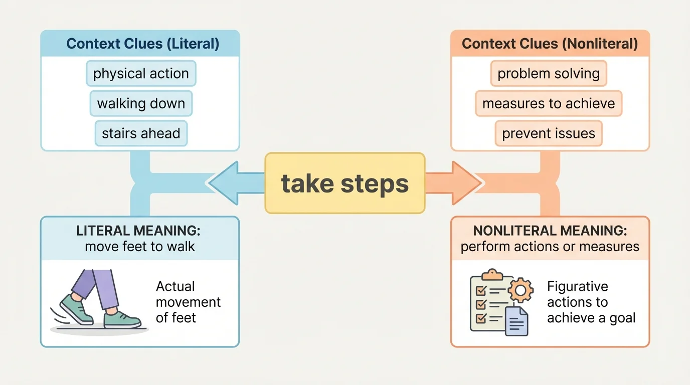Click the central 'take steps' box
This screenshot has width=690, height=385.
345,183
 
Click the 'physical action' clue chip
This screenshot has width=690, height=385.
141,74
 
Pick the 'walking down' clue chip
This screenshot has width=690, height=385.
141,104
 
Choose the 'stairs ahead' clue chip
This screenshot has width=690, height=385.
141,133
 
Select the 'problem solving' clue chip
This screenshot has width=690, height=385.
549,74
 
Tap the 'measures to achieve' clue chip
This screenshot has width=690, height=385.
549,104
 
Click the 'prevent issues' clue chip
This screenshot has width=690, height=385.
549,133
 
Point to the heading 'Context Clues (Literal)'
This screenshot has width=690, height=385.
142,44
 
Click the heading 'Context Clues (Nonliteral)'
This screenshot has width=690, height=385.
550,44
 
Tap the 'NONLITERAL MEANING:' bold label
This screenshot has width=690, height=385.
550,231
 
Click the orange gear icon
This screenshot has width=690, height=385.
520,290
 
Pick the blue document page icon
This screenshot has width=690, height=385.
516,321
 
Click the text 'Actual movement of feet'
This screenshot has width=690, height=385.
188,302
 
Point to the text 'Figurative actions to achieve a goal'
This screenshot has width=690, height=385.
591,302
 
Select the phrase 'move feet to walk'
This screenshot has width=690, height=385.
140,246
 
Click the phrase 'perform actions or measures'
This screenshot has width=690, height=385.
550,246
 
